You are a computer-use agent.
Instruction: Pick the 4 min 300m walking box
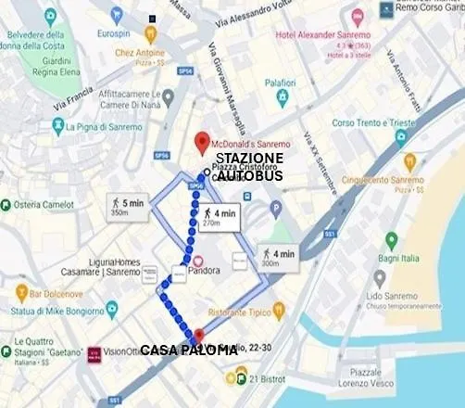[x=279, y=258]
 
